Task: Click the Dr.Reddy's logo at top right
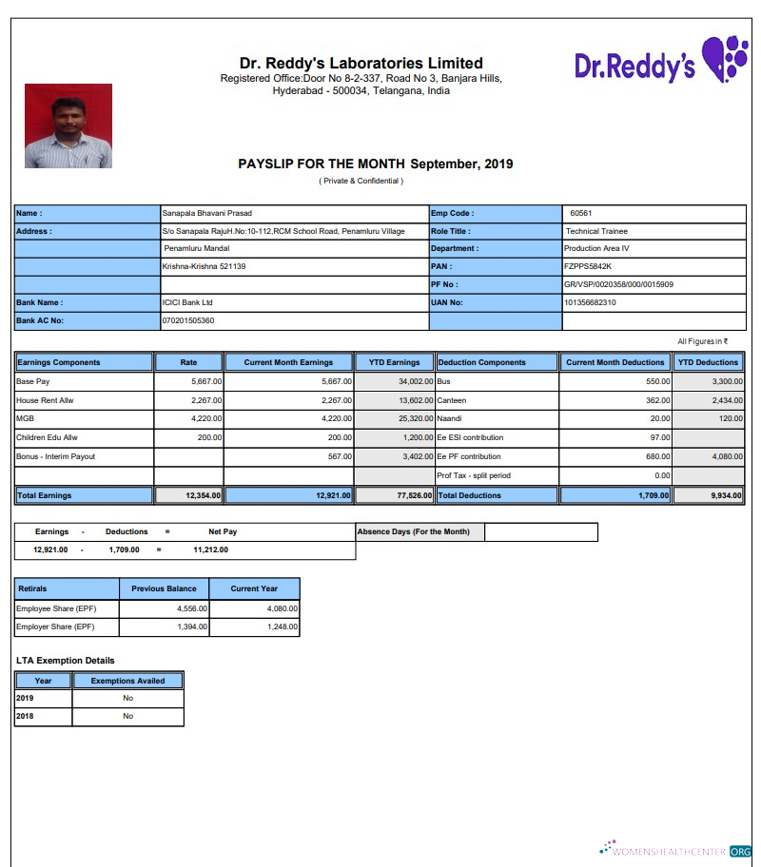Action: point(660,60)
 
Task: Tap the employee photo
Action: point(68,126)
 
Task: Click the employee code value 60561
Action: point(581,213)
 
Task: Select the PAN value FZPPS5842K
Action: point(588,266)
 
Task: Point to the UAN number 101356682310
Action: point(590,302)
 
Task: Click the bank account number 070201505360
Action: point(188,320)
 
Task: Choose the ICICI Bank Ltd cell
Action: point(187,302)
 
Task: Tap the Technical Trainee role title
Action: point(596,231)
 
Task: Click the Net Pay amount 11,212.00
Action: point(210,549)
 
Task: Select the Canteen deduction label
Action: point(453,400)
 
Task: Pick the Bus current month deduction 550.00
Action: point(658,381)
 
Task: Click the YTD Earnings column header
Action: point(394,362)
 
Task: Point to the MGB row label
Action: point(25,418)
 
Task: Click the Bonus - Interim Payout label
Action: point(56,456)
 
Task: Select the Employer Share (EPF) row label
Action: point(56,627)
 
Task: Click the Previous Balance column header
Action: point(164,588)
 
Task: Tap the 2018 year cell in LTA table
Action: point(25,716)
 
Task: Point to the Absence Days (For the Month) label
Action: point(413,531)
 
